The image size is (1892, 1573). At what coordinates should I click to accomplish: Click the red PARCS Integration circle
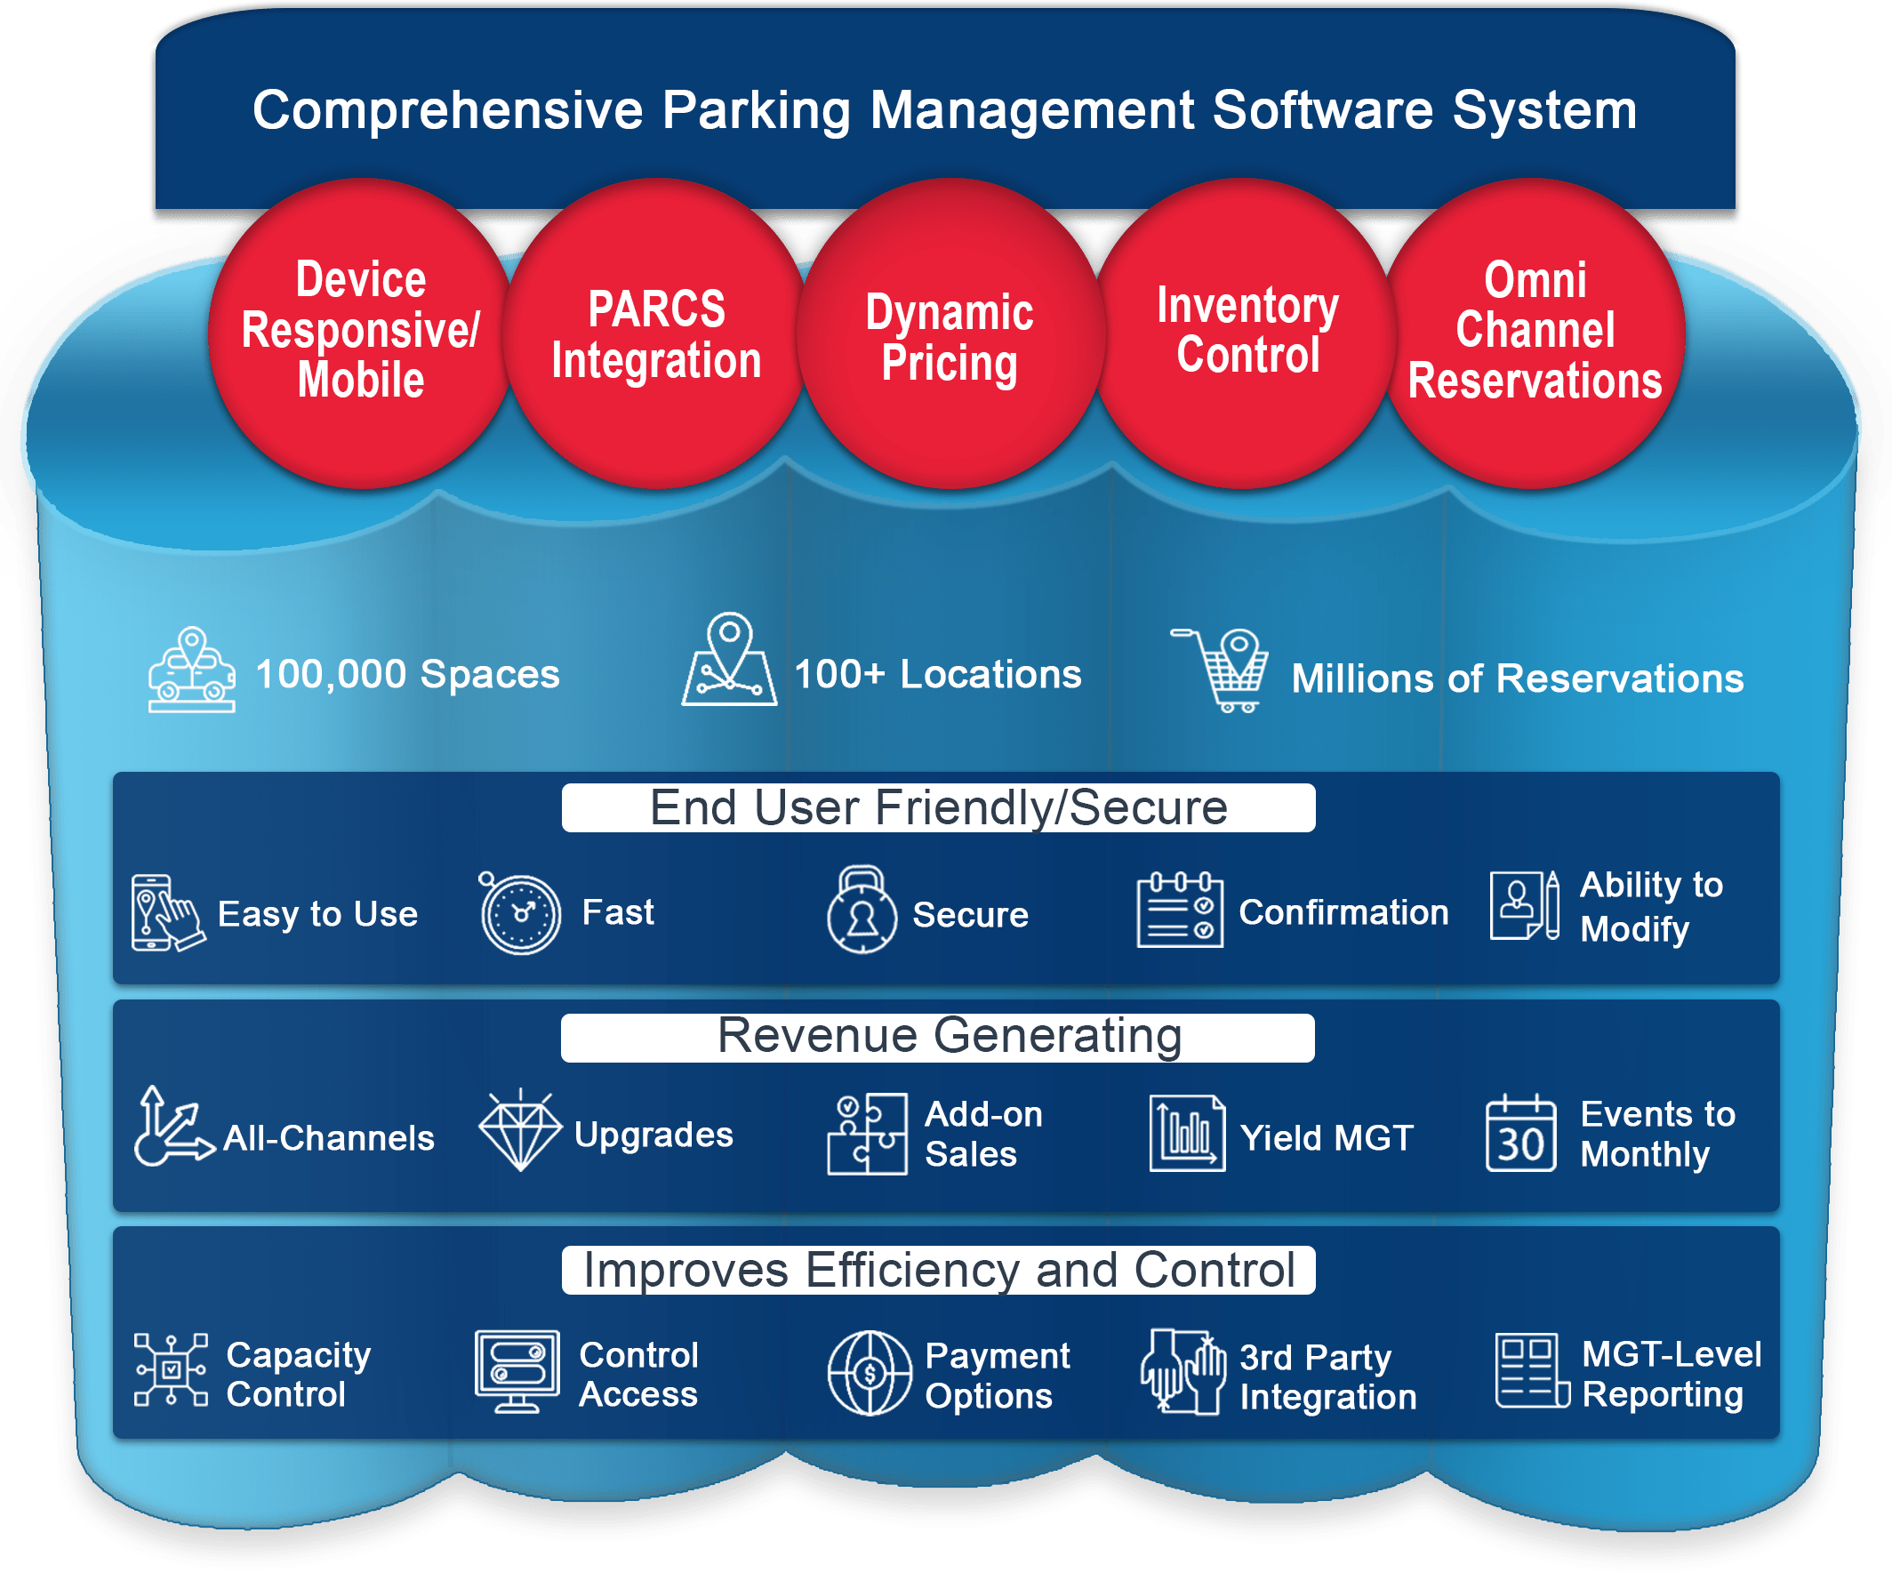pos(656,333)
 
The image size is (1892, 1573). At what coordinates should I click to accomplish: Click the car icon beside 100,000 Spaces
pos(192,670)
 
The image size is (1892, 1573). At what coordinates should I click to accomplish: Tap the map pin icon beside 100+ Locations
pos(729,661)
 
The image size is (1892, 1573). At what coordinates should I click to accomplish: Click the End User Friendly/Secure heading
pos(938,808)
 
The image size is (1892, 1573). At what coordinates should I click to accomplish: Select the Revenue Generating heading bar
pos(938,1037)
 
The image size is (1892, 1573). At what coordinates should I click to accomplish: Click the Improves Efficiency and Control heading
pos(938,1271)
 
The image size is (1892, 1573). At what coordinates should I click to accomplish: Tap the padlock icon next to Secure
pos(862,911)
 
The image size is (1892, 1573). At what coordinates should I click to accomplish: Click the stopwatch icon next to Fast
pos(519,913)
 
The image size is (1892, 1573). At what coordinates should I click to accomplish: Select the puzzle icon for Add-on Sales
pos(867,1135)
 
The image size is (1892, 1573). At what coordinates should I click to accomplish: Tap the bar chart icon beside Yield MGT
pos(1187,1134)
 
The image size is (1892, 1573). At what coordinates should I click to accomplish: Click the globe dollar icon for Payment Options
pos(870,1373)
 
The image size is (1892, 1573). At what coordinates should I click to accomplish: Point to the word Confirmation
pos(1343,912)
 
